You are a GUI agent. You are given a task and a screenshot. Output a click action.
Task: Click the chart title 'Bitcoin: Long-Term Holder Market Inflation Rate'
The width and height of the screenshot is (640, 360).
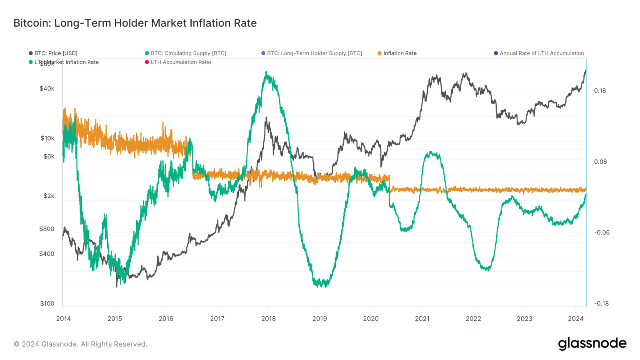pos(135,23)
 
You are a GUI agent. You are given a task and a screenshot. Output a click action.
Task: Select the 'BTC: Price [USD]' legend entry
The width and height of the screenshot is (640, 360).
pos(55,53)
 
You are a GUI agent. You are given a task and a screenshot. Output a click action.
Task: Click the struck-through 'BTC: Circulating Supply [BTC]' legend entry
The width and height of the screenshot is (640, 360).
pos(188,53)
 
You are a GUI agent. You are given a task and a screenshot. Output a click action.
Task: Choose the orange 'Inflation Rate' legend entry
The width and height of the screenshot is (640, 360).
pos(400,53)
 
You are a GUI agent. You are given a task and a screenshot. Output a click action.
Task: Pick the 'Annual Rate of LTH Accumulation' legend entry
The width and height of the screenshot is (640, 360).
pos(541,53)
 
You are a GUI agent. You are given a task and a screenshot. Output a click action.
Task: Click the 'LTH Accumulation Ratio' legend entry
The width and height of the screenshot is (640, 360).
pos(180,62)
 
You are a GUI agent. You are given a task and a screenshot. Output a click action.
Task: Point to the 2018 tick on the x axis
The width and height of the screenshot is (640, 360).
pos(268,319)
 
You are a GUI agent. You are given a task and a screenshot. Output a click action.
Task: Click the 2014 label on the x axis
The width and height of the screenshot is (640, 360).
pos(63,319)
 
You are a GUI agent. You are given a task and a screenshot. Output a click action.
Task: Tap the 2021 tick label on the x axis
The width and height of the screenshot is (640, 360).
pos(422,319)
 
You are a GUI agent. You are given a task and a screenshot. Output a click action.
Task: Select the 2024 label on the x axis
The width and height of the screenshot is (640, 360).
pos(576,319)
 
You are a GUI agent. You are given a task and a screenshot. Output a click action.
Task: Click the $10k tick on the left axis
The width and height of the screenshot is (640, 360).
pos(47,138)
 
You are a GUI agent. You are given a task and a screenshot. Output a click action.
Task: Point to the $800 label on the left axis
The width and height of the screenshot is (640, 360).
pos(47,229)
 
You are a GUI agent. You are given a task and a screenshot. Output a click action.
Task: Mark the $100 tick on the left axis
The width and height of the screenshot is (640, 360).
pos(47,303)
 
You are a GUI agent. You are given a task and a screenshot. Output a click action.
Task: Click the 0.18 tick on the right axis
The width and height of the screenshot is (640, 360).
pos(600,91)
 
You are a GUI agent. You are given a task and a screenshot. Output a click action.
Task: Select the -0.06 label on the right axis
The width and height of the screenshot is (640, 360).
pos(602,232)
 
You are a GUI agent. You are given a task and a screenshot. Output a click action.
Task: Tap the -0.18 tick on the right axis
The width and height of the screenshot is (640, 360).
pos(601,303)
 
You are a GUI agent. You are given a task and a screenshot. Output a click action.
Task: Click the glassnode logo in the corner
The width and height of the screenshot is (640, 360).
pos(592,343)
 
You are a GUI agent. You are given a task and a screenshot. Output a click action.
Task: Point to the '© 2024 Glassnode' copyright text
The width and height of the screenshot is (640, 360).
pos(80,344)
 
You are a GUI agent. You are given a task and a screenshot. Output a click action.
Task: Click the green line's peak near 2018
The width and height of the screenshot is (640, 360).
pos(267,72)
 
